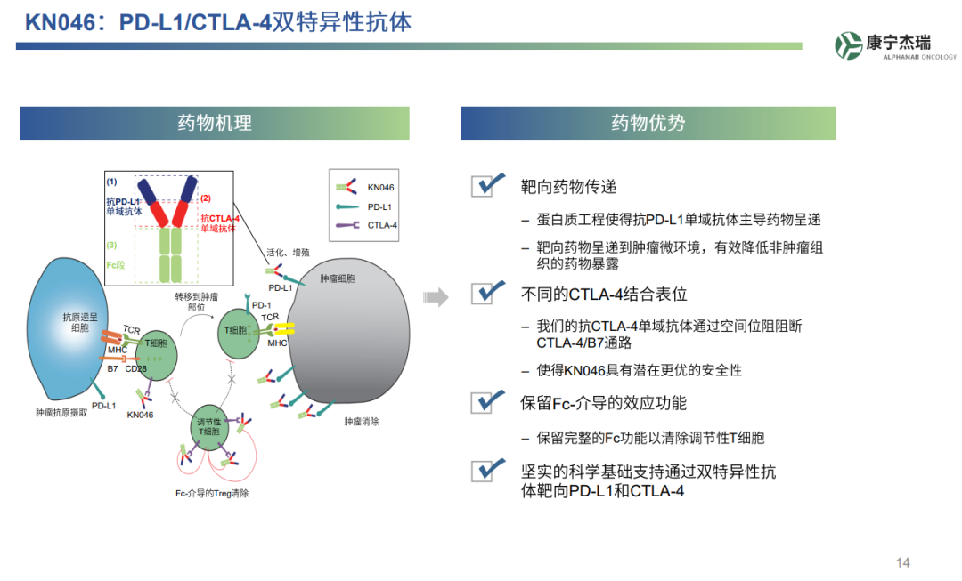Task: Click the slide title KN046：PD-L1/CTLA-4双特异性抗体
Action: [218, 22]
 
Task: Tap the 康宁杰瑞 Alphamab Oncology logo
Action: [895, 45]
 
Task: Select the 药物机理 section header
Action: [214, 123]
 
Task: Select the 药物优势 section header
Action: [648, 123]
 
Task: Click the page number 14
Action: [902, 562]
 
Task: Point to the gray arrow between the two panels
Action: [436, 296]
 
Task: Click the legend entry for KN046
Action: [365, 188]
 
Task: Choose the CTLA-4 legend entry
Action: [365, 225]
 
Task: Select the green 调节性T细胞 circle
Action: [210, 427]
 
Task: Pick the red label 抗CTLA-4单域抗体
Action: [219, 222]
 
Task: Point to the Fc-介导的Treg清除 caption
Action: [212, 493]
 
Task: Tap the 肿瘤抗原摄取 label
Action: [61, 413]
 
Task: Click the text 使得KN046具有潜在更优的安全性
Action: [639, 370]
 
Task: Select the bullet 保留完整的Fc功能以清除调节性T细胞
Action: [650, 438]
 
